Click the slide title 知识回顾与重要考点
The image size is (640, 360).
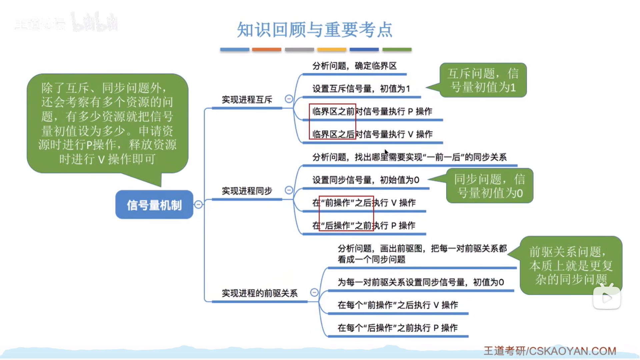[315, 30]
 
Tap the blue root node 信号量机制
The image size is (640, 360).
[154, 205]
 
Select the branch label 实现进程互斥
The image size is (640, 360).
[247, 100]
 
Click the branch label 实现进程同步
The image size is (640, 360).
[247, 191]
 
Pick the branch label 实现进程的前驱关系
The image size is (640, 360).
[260, 293]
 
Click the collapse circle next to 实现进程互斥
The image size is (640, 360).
[289, 99]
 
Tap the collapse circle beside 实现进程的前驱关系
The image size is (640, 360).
[314, 293]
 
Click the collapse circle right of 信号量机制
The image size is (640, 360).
[198, 205]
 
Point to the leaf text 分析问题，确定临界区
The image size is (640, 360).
[354, 66]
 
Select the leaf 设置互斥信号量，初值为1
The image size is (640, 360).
[361, 89]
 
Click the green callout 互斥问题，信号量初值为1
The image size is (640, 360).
[483, 80]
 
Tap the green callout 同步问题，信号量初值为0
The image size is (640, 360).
[489, 186]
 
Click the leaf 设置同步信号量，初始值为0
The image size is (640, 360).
[366, 180]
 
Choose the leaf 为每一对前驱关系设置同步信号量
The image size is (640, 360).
[421, 282]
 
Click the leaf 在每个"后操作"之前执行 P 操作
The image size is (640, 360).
[397, 328]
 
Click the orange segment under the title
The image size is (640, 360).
[267, 50]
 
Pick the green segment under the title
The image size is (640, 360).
[397, 50]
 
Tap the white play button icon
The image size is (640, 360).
[607, 298]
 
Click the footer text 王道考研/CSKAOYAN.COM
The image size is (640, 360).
[550, 351]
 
